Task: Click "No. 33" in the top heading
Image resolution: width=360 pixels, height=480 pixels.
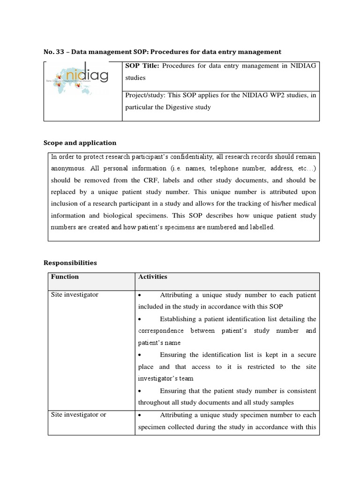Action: coord(52,52)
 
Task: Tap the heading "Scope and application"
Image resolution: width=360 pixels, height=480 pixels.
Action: coord(80,142)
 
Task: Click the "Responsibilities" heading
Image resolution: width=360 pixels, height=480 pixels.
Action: coord(70,262)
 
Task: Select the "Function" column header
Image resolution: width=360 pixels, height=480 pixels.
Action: coord(65,277)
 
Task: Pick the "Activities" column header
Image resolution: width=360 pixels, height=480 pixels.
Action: coord(153,277)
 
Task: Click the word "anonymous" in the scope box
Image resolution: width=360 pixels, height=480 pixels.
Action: coord(67,168)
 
